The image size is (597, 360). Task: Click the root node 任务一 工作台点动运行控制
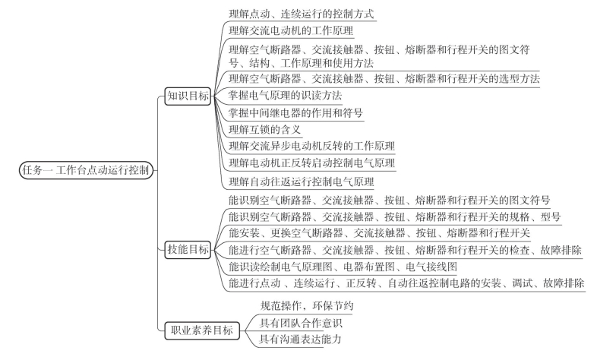pyautogui.click(x=86, y=170)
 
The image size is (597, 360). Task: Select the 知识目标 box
pyautogui.click(x=188, y=96)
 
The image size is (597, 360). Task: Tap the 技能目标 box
pyautogui.click(x=188, y=250)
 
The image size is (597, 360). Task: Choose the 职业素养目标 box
pyautogui.click(x=202, y=330)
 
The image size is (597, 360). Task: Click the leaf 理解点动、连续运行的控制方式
pyautogui.click(x=302, y=14)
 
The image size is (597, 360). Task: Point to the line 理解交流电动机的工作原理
pyautogui.click(x=291, y=31)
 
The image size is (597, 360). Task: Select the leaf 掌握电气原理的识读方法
pyautogui.click(x=285, y=96)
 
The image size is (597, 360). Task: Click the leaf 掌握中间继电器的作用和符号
pyautogui.click(x=295, y=112)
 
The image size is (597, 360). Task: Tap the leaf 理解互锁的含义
pyautogui.click(x=264, y=130)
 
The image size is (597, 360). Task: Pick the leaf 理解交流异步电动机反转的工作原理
pyautogui.click(x=312, y=146)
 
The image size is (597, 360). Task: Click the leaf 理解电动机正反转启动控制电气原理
pyautogui.click(x=312, y=163)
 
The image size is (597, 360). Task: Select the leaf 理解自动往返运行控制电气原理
pyautogui.click(x=302, y=182)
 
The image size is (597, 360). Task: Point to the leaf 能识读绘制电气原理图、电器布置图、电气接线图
pyautogui.click(x=343, y=267)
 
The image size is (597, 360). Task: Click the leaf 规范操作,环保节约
pyautogui.click(x=307, y=305)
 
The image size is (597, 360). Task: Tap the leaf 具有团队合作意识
pyautogui.click(x=301, y=323)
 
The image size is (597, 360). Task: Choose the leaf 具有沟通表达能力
pyautogui.click(x=301, y=339)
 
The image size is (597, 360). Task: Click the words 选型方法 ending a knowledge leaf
pyautogui.click(x=520, y=79)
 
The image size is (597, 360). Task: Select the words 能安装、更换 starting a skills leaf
pyautogui.click(x=249, y=233)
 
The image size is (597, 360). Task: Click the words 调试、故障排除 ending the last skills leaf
pyautogui.click(x=548, y=283)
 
